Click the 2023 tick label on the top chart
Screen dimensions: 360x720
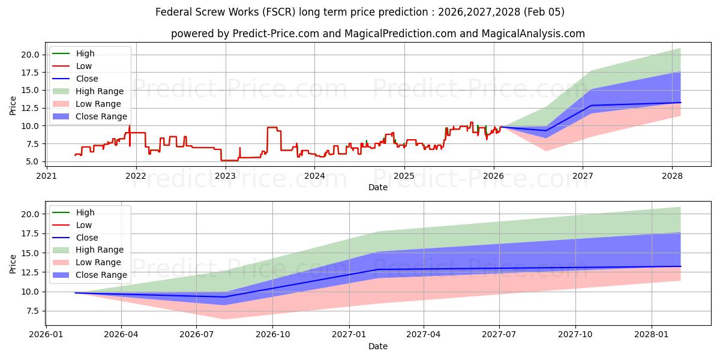click(225, 176)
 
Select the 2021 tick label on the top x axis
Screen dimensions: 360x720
click(46, 176)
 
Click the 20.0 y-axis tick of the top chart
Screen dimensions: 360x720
click(30, 55)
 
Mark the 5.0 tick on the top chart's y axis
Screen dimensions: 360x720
click(32, 162)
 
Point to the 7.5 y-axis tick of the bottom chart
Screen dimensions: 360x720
click(32, 311)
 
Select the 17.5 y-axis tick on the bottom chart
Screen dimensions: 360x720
click(30, 233)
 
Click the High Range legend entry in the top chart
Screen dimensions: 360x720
click(100, 91)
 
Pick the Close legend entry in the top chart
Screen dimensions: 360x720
click(87, 79)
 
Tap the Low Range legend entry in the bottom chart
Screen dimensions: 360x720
click(98, 262)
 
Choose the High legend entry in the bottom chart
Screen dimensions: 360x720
click(85, 212)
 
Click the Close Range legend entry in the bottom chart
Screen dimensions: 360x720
click(101, 275)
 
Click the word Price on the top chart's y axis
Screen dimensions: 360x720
click(13, 106)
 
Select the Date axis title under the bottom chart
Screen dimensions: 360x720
click(378, 346)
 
